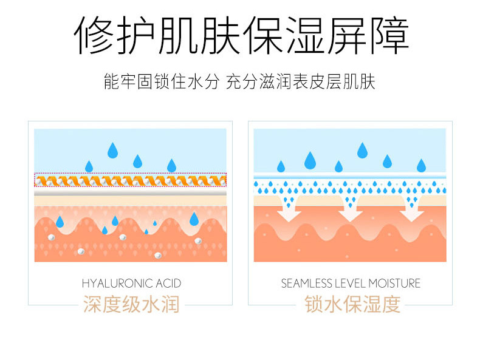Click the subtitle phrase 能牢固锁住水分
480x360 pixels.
tap(160, 82)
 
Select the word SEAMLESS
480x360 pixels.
tap(306, 284)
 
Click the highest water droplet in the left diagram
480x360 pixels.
tap(113, 149)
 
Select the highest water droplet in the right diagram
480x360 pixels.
tap(363, 149)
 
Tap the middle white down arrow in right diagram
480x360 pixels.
tap(351, 210)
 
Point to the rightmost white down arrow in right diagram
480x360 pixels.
tap(413, 210)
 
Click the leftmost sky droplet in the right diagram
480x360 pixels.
tap(281, 166)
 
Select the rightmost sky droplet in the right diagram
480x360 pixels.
tap(421, 165)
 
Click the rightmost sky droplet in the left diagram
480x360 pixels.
tap(171, 165)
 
